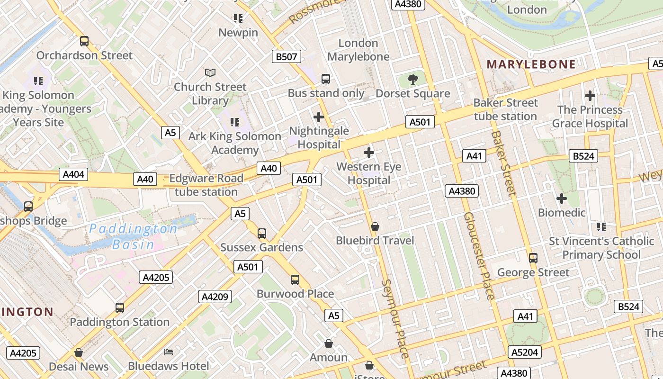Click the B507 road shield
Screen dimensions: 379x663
pyautogui.click(x=287, y=57)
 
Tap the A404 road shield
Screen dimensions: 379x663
pyautogui.click(x=74, y=174)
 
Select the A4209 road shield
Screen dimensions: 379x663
pyautogui.click(x=215, y=297)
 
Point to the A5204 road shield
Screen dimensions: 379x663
pyautogui.click(x=525, y=352)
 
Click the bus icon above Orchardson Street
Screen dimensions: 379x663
pyautogui.click(x=84, y=41)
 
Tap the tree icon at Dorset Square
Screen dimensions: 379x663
pyautogui.click(x=413, y=79)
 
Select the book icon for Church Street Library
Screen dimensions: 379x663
pyautogui.click(x=210, y=72)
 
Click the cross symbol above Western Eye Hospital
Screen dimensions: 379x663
pyautogui.click(x=369, y=153)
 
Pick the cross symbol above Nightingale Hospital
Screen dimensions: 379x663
pyautogui.click(x=319, y=117)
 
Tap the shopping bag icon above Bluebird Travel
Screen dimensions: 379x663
pyautogui.click(x=375, y=226)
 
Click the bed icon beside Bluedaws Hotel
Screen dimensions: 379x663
pyautogui.click(x=169, y=352)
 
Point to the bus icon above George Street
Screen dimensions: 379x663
pyautogui.click(x=533, y=258)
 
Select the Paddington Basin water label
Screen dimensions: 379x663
pyautogui.click(x=134, y=236)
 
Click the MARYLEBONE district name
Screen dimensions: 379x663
pyautogui.click(x=531, y=64)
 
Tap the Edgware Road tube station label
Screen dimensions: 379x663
pyautogui.click(x=206, y=185)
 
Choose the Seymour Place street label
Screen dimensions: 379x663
pyautogui.click(x=395, y=318)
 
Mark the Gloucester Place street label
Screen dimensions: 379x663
pyautogui.click(x=479, y=256)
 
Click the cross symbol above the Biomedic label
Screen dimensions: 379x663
pyautogui.click(x=562, y=199)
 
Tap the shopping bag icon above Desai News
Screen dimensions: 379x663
pyautogui.click(x=79, y=352)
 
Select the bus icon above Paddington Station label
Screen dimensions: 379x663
pyautogui.click(x=120, y=308)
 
